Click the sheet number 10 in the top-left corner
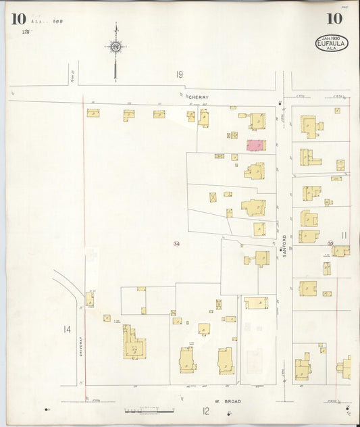18,18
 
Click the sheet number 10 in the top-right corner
334,18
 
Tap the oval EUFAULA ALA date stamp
332,44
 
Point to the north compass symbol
115,47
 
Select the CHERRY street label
199,97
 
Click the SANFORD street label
284,241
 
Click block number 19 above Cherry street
180,74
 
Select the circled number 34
176,243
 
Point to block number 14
67,329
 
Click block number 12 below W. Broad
205,410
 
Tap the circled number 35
330,243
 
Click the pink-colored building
255,145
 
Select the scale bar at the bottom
149,410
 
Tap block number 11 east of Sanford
344,235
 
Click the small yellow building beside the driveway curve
89,299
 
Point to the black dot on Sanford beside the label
282,251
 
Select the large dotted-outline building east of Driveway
134,343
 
